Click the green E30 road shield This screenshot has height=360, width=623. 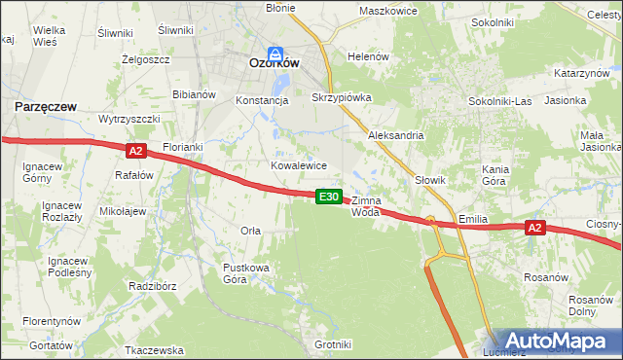[329, 197]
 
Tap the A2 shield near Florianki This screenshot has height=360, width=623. [135, 151]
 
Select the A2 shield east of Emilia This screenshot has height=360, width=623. [533, 228]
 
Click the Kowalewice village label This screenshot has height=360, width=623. [298, 165]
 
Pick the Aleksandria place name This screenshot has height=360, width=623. [395, 136]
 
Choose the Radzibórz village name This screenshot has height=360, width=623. [151, 287]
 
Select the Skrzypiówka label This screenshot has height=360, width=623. [342, 98]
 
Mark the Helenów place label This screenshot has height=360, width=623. [368, 56]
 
